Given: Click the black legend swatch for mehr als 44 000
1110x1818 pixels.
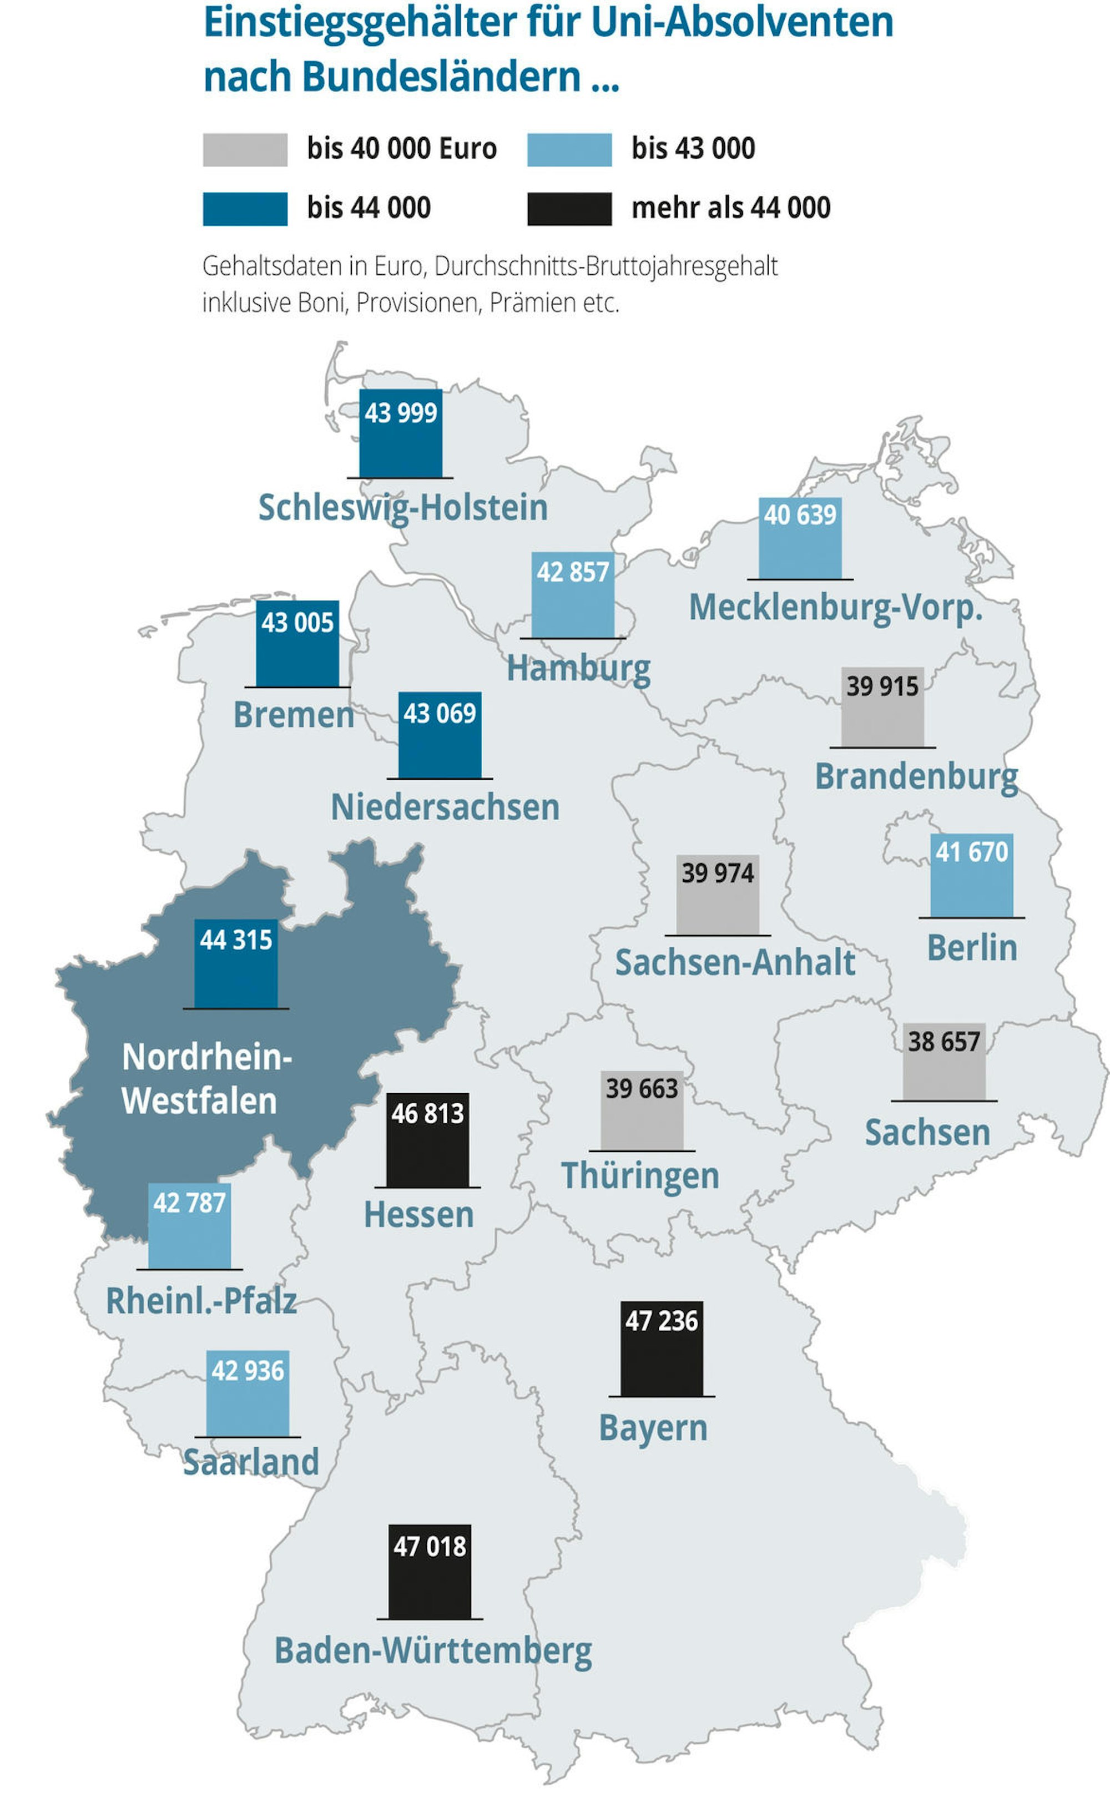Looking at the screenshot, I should point(569,209).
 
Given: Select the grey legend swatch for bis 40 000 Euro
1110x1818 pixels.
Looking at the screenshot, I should point(245,150).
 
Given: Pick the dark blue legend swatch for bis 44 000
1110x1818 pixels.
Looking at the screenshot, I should point(245,209).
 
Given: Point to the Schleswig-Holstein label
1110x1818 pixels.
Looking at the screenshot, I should point(403,508).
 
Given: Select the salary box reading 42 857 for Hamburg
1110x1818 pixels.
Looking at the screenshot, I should point(573,595).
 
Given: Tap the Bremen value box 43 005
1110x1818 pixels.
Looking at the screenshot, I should point(297,643).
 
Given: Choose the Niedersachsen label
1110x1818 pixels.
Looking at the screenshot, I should point(445,807).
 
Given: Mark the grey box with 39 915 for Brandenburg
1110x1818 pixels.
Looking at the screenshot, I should point(882,708).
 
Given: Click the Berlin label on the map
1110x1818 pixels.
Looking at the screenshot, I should point(972,948).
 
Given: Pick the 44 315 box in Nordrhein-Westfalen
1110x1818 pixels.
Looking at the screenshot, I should point(236,963).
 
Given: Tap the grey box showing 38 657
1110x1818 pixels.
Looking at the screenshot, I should point(944,1062).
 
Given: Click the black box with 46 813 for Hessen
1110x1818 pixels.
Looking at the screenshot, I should point(427,1139).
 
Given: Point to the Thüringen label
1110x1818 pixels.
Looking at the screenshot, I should point(640,1176).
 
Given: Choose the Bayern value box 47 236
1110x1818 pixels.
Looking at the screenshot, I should point(661,1348).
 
